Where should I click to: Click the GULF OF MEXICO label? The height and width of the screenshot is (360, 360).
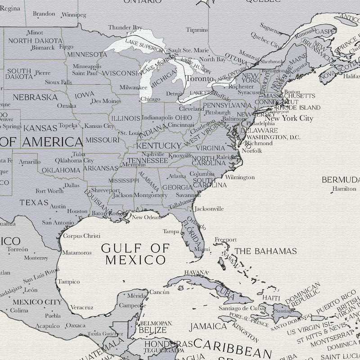point(135,254)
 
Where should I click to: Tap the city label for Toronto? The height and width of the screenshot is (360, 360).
point(199,78)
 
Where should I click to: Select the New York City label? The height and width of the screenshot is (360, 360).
point(288,118)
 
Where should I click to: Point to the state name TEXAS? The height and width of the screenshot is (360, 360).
point(34,202)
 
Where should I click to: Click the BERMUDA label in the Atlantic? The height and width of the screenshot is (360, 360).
point(341,180)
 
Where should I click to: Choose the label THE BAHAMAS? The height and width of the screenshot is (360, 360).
point(266,251)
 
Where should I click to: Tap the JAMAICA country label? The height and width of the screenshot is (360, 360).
point(207,326)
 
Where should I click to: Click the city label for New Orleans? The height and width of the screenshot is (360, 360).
point(146,217)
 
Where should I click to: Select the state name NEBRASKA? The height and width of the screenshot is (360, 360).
point(35,97)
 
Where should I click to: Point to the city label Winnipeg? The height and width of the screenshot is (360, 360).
point(74,14)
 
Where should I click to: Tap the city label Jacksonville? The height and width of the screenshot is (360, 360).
point(209,209)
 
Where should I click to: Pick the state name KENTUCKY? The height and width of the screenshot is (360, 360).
point(158,146)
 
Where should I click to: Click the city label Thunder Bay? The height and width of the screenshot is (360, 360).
point(125,27)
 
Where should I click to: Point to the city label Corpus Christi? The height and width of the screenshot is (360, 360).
point(81,236)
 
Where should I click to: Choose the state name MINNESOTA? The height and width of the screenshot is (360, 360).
point(87,54)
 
